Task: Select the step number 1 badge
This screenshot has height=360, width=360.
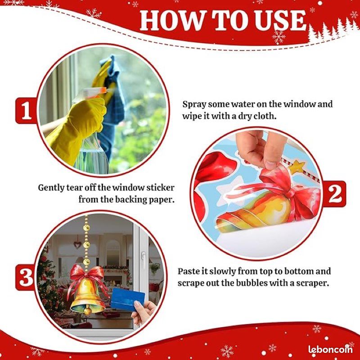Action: (26, 110)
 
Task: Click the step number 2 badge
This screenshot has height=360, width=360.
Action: (334, 194)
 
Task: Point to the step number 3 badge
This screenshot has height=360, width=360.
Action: (26, 277)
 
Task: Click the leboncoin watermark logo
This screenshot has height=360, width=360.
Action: (330, 349)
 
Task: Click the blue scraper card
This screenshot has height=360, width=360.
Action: (127, 299)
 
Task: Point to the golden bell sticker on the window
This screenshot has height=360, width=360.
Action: (87, 296)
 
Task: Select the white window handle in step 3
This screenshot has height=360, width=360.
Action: (143, 258)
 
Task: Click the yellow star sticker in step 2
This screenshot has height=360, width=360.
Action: (297, 167)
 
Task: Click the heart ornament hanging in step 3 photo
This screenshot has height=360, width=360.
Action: (77, 245)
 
